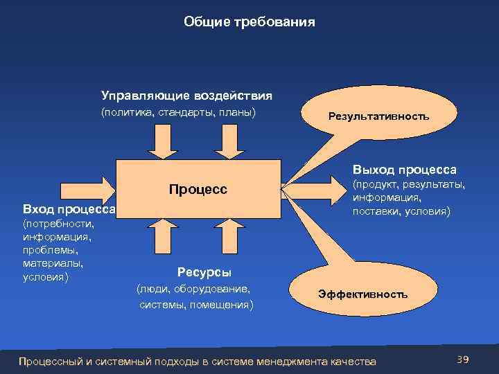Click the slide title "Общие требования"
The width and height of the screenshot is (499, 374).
click(249, 22)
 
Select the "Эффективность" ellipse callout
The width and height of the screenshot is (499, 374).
click(362, 294)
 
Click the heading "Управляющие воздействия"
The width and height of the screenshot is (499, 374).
click(186, 95)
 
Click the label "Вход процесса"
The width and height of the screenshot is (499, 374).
click(69, 209)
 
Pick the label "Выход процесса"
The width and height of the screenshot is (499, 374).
click(404, 169)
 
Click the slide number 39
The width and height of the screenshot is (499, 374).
click(463, 359)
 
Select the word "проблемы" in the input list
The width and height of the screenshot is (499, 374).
click(46, 250)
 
